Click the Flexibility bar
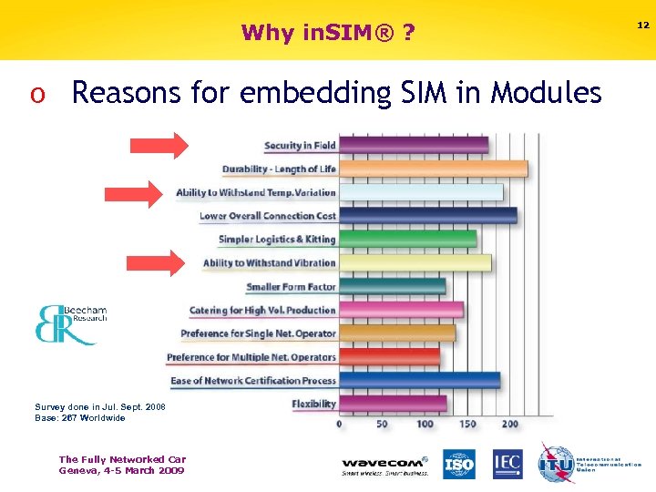click(x=393, y=404)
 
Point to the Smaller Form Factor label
click(x=291, y=287)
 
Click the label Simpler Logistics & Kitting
click(x=277, y=240)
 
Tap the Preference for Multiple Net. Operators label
click(x=251, y=357)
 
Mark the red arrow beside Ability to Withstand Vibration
click(x=159, y=263)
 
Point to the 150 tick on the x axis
click(x=466, y=424)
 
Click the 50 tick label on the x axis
click(x=382, y=424)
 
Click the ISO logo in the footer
click(x=459, y=465)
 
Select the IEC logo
click(x=507, y=465)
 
